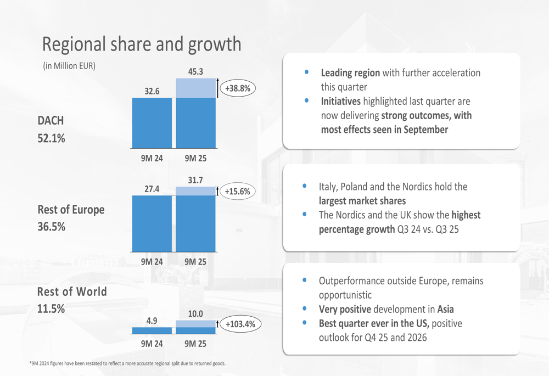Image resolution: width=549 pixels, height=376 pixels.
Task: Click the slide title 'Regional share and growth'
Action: click(x=142, y=44)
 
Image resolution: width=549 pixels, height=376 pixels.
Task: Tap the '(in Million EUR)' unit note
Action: click(x=69, y=66)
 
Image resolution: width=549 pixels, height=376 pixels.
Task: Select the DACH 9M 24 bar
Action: click(x=152, y=123)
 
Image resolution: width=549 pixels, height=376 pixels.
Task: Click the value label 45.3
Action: click(x=195, y=71)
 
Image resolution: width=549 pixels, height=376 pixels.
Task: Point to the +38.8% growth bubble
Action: click(x=238, y=88)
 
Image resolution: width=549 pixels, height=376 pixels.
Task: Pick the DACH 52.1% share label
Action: click(x=51, y=138)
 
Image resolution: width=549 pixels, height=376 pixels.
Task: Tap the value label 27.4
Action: click(x=152, y=189)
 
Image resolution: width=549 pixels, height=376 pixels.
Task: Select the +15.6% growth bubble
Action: click(x=238, y=192)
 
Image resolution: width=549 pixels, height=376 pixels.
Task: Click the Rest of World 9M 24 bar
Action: click(x=152, y=330)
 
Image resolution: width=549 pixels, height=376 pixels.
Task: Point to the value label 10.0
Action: click(x=195, y=313)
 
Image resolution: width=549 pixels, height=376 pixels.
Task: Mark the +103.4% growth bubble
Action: click(x=240, y=324)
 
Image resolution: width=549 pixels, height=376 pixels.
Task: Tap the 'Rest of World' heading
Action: click(x=72, y=291)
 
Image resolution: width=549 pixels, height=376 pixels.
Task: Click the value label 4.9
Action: click(x=152, y=321)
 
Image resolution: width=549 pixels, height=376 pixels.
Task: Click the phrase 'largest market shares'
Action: click(x=362, y=201)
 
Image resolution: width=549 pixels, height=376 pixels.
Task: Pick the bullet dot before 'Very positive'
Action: click(x=305, y=309)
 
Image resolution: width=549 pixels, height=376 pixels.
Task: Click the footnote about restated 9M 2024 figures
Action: click(x=127, y=363)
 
